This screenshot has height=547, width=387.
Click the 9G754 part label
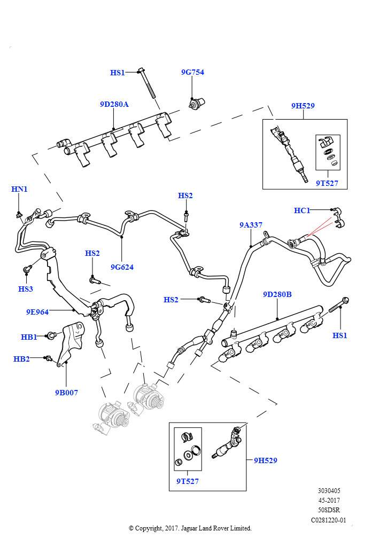(x=192, y=72)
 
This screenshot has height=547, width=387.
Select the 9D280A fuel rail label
(x=114, y=104)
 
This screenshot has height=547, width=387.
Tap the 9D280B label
(x=277, y=294)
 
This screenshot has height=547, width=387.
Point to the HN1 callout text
(x=19, y=189)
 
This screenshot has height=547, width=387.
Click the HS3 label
(x=25, y=289)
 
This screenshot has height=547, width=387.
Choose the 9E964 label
(x=37, y=311)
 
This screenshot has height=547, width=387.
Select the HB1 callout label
(x=28, y=337)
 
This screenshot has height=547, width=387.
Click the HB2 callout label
(x=21, y=359)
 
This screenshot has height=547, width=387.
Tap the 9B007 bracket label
(x=66, y=393)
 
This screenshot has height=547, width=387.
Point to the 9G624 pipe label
(x=122, y=267)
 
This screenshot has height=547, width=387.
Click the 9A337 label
(x=251, y=225)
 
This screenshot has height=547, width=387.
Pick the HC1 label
(x=302, y=210)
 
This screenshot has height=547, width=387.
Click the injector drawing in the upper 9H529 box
(x=289, y=152)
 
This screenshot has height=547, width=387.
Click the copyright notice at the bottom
(x=190, y=528)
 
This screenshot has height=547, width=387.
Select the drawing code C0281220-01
(x=329, y=520)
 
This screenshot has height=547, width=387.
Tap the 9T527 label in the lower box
(x=187, y=481)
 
